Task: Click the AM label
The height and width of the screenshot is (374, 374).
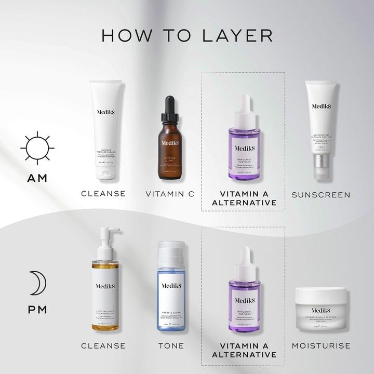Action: pos(37,178)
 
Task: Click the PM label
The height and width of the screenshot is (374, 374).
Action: pos(37,310)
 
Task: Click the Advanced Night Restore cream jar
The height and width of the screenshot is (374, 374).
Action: pos(320,311)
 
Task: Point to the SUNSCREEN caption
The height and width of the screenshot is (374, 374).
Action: pos(320,195)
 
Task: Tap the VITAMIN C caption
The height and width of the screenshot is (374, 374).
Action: pos(169,194)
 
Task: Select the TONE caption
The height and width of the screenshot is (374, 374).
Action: pos(170,345)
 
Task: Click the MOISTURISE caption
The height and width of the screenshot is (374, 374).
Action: pos(320,345)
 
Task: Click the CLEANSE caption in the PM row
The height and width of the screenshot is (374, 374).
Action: pos(103,345)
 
